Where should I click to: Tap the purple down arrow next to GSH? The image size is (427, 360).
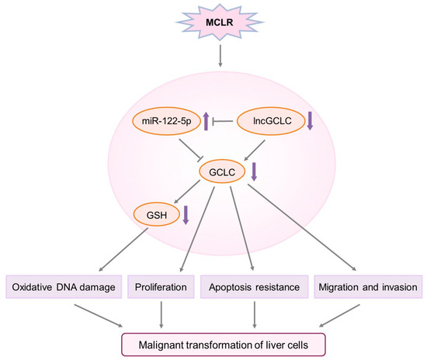[186, 213]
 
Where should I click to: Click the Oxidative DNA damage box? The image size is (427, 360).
[61, 287]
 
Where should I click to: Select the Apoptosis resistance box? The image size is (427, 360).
[255, 287]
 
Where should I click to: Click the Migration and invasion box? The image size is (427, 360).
[367, 287]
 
